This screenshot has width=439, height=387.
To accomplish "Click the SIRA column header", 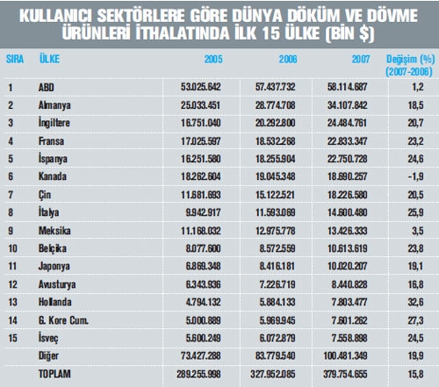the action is click(x=15, y=59).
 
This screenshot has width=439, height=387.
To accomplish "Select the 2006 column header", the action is click(x=288, y=60).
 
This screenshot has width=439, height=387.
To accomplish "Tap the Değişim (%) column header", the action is click(x=410, y=65).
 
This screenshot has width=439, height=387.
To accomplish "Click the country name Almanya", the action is click(x=54, y=105).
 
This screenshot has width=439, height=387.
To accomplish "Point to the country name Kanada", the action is click(x=53, y=176).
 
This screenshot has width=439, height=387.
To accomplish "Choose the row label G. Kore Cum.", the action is click(x=63, y=320).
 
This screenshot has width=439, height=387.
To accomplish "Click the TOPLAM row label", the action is click(x=54, y=374).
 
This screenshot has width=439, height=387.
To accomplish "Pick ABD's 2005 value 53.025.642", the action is click(x=200, y=87).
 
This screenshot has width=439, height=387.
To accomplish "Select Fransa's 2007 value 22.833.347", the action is click(x=347, y=141).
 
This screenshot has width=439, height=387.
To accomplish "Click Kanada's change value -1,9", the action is click(x=415, y=176).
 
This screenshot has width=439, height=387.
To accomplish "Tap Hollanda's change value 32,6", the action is click(x=415, y=302).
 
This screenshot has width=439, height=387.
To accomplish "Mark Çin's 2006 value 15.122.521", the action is click(x=275, y=195).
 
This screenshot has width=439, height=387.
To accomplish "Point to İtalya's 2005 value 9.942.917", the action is click(x=203, y=212).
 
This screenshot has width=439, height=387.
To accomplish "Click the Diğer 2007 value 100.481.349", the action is click(x=345, y=356).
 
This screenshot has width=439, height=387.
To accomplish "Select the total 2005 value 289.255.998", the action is click(x=198, y=374).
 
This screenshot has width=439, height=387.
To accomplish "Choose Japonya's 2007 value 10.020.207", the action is click(x=347, y=266).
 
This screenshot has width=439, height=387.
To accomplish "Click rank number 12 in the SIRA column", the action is click(x=12, y=284).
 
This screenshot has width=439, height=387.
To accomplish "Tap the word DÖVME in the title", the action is click(x=392, y=16).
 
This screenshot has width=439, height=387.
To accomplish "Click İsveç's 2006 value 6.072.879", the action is click(x=277, y=338).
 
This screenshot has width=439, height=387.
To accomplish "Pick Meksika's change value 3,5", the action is click(x=418, y=231).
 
